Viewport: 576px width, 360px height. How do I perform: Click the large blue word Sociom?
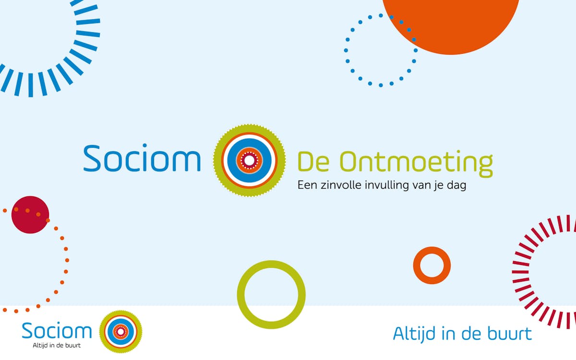[142, 157]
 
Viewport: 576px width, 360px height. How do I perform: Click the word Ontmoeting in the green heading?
[416, 163]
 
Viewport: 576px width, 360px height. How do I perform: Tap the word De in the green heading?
[313, 162]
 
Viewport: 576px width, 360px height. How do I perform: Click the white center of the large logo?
[249, 160]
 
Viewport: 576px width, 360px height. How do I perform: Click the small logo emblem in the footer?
[120, 332]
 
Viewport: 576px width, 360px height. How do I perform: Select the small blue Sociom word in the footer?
[57, 331]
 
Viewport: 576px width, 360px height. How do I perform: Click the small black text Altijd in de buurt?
[57, 345]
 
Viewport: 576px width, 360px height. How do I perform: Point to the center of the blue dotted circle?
[381, 50]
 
